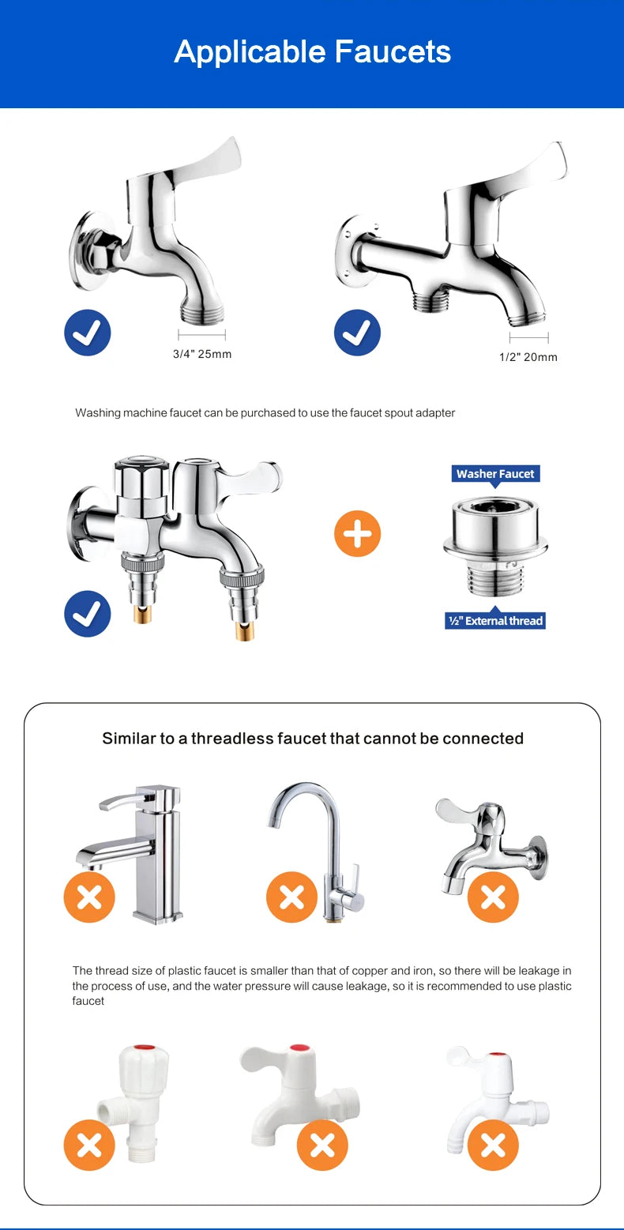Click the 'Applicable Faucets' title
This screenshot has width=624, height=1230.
pos(312,52)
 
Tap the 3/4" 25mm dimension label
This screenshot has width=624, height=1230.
pos(202,354)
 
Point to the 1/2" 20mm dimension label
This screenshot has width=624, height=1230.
pos(528,358)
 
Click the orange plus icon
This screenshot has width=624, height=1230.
pos(357,534)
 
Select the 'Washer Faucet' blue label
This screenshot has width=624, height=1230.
pos(495,474)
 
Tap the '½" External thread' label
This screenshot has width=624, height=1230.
pos(495,621)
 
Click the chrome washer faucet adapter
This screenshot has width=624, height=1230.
pos(495,547)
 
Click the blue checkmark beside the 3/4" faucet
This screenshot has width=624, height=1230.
pos(87,333)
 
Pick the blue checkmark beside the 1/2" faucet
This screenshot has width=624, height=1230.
pos(357,333)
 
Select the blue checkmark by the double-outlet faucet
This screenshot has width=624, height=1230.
pos(87,614)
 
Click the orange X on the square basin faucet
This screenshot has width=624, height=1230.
pos(89,897)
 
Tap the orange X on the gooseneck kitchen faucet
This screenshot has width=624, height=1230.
pos(292,897)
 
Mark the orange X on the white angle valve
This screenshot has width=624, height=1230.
pos(89,1145)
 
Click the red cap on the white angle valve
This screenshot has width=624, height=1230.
pos(144,1048)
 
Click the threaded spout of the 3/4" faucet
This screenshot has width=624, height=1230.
pos(202,314)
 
